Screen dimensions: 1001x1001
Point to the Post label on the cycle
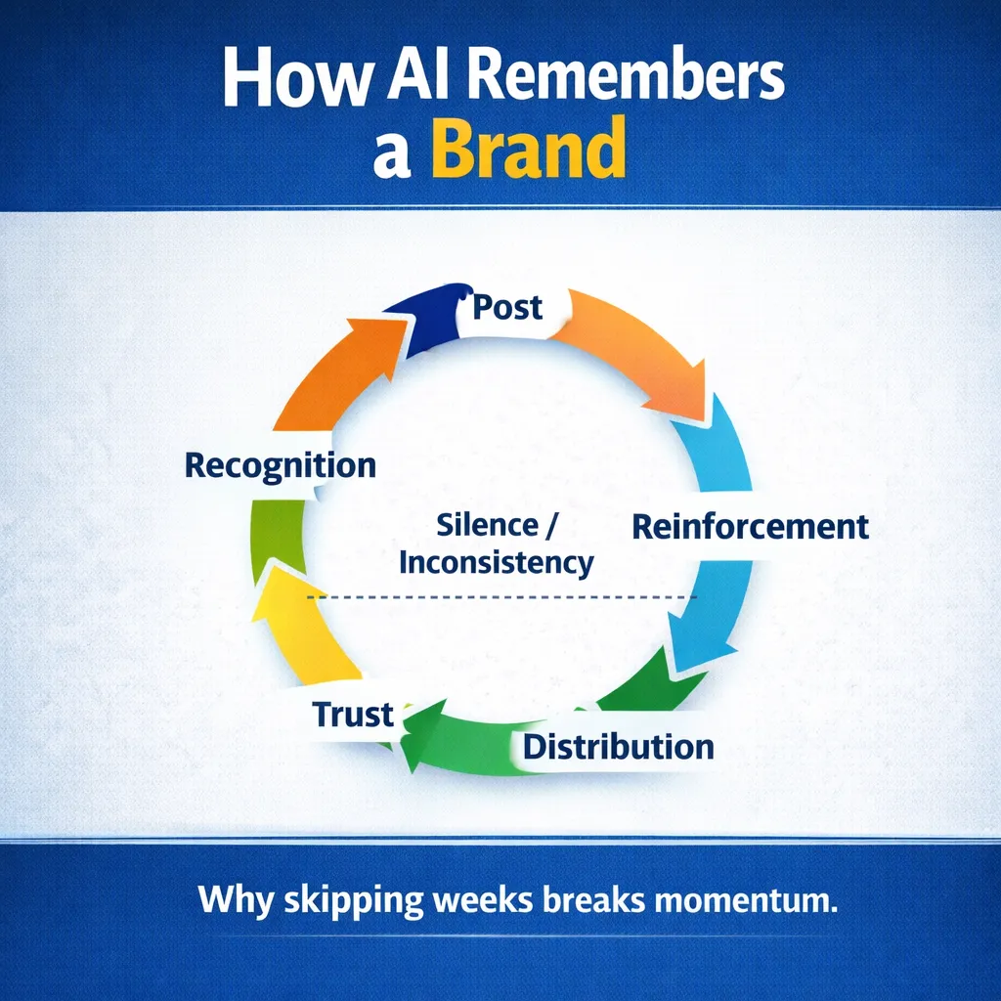point(506,307)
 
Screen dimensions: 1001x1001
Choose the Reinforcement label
point(750,526)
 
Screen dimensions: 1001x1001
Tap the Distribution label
point(618,748)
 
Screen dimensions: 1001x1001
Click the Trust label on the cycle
point(352,714)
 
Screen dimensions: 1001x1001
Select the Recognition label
point(280,465)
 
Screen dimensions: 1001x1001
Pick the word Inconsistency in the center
point(497,562)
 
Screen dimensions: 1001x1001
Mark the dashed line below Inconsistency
point(500,597)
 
